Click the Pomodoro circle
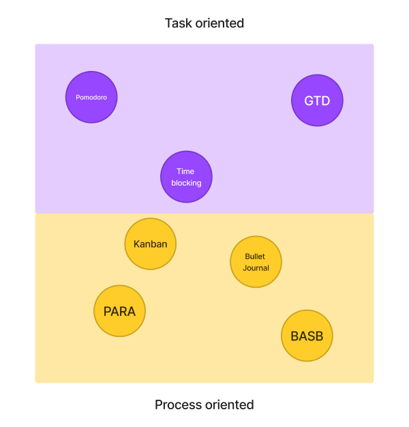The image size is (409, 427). click(91, 97)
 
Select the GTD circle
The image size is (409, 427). click(317, 101)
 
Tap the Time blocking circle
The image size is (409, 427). click(186, 177)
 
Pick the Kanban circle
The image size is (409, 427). click(151, 244)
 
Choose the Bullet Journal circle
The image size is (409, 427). click(256, 262)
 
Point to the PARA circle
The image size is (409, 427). click(119, 312)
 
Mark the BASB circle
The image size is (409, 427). click(307, 336)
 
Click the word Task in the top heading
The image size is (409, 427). click(179, 23)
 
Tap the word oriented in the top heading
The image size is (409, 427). click(220, 23)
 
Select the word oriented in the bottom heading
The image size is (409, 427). click(230, 404)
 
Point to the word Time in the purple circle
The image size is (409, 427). click(186, 171)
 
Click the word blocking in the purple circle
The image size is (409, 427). click(186, 183)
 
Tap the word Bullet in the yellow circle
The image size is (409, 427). click(255, 256)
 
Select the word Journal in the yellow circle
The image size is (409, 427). click(256, 268)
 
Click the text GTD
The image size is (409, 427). click(317, 101)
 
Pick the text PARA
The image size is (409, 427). click(119, 312)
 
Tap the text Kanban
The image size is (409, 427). click(151, 244)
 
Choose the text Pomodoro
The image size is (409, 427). click(91, 97)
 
